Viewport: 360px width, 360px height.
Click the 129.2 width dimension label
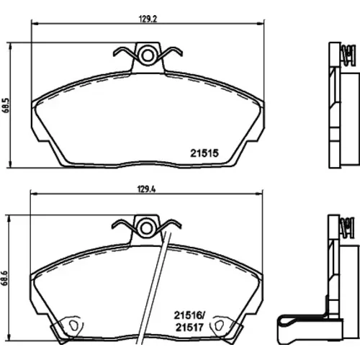point(148,19)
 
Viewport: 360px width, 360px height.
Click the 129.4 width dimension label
point(147,189)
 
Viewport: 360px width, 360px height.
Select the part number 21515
point(204,153)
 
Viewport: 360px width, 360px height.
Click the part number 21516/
point(189,315)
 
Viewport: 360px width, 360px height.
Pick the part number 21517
point(189,328)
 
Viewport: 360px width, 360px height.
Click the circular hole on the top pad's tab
point(147,55)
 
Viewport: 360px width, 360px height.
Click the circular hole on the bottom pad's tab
point(145,228)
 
